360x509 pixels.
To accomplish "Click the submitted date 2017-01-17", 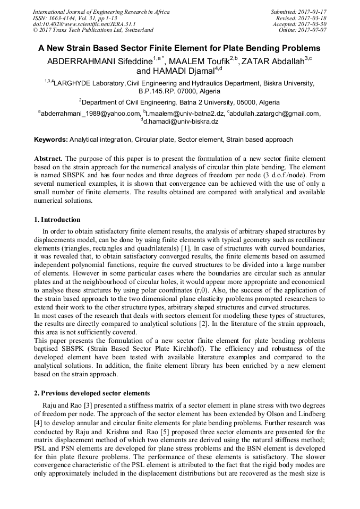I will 312,11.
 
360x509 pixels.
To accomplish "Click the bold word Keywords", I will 50,140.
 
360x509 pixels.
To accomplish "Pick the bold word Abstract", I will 48,159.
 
